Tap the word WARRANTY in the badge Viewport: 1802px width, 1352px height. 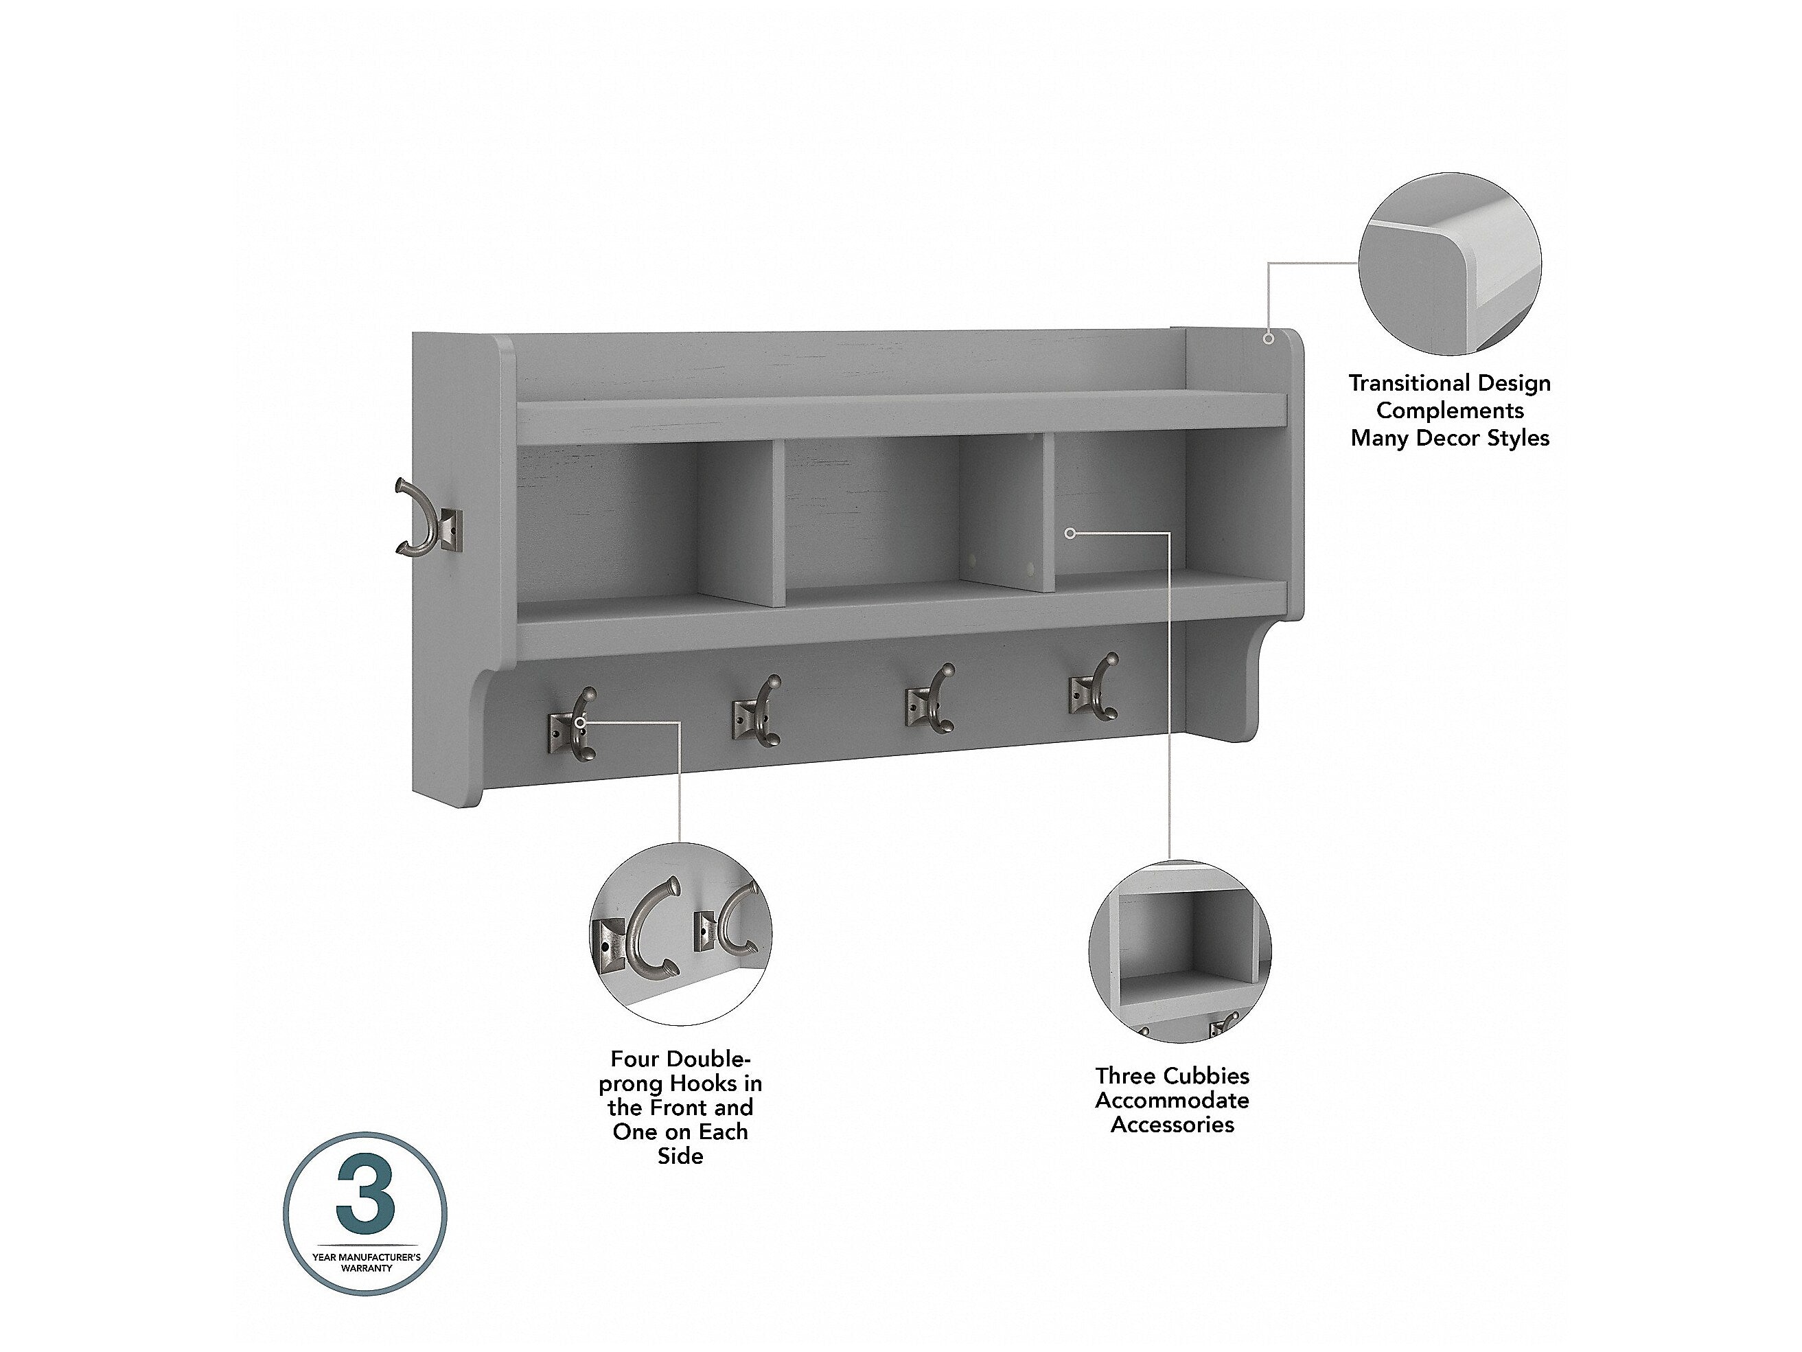366,1268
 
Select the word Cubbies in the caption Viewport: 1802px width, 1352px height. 1209,1076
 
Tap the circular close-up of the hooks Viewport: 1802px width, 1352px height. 680,934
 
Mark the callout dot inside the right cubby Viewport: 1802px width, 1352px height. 1070,533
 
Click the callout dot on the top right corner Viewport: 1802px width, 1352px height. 1269,337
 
